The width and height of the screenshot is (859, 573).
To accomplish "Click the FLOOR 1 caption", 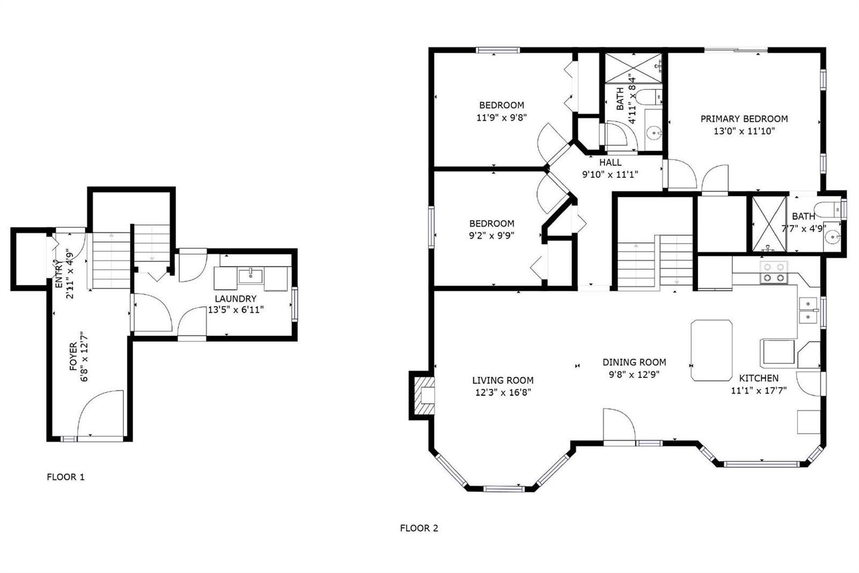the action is [65, 477].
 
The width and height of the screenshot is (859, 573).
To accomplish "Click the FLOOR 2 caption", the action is [419, 528].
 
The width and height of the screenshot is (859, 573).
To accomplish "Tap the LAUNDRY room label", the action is [236, 298].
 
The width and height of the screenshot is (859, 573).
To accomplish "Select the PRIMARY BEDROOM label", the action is [744, 119].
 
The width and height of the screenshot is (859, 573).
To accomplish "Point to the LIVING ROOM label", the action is [503, 380].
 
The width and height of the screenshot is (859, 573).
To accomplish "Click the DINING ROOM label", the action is [634, 362].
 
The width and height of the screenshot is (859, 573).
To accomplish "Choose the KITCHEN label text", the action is [759, 378].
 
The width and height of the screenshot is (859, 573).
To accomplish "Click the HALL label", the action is [610, 162].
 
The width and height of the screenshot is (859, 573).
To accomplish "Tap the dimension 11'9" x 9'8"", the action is [501, 117].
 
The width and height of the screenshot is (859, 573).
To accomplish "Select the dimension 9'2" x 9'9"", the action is [492, 235].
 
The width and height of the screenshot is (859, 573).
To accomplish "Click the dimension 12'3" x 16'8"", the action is [503, 392].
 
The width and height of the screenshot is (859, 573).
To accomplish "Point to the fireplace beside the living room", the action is [424, 396].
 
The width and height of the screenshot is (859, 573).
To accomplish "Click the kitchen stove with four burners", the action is [774, 273].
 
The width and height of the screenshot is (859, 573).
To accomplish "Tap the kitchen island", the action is [711, 350].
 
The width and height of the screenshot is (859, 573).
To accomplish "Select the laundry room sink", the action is [250, 276].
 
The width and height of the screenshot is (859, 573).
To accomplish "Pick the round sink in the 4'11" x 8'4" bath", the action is [654, 133].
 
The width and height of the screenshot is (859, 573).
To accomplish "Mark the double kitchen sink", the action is [808, 310].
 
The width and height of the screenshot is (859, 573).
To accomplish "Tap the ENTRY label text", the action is [59, 274].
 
